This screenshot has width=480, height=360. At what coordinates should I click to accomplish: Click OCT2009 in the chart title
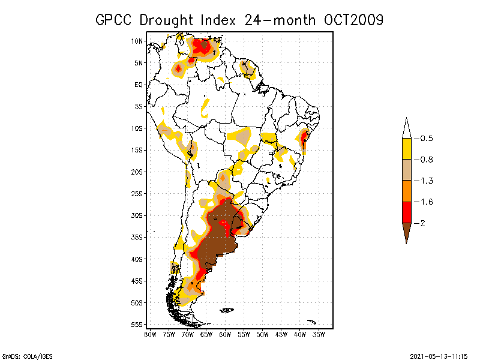pos(353,20)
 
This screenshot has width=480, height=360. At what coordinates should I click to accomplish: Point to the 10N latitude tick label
pos(137,41)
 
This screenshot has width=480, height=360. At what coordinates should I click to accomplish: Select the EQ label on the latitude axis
pos(139,85)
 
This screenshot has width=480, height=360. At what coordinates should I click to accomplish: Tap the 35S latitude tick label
pos(137,237)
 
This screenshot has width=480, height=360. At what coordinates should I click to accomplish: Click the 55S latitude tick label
pos(137,324)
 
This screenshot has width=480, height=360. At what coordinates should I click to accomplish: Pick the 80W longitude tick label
pos(150,334)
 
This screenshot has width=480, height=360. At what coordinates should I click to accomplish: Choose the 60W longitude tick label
pos(225,334)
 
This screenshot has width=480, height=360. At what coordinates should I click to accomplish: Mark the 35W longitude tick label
pos(319,334)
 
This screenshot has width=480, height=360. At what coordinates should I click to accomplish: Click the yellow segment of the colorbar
pos(406,149)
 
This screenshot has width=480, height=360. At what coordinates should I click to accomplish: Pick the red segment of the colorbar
pos(406,212)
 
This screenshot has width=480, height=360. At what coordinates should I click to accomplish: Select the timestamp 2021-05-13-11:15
pos(439,355)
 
